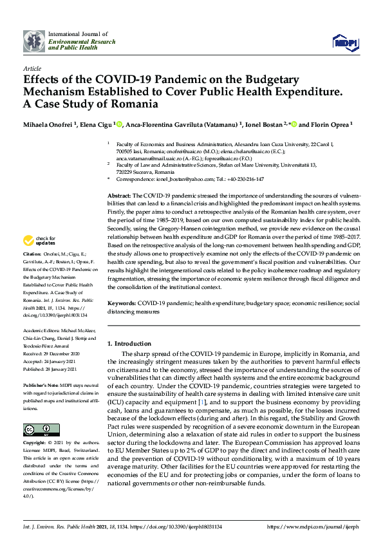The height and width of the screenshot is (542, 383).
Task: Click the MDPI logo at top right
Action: click(x=346, y=42)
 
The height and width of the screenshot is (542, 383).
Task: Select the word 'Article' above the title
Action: click(x=32, y=68)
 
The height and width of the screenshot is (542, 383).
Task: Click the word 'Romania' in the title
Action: click(x=118, y=104)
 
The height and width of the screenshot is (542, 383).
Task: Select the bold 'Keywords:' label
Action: click(x=122, y=302)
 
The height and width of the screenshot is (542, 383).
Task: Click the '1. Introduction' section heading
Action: click(x=129, y=344)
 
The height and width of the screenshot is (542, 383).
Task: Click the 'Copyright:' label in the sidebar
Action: click(x=35, y=444)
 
